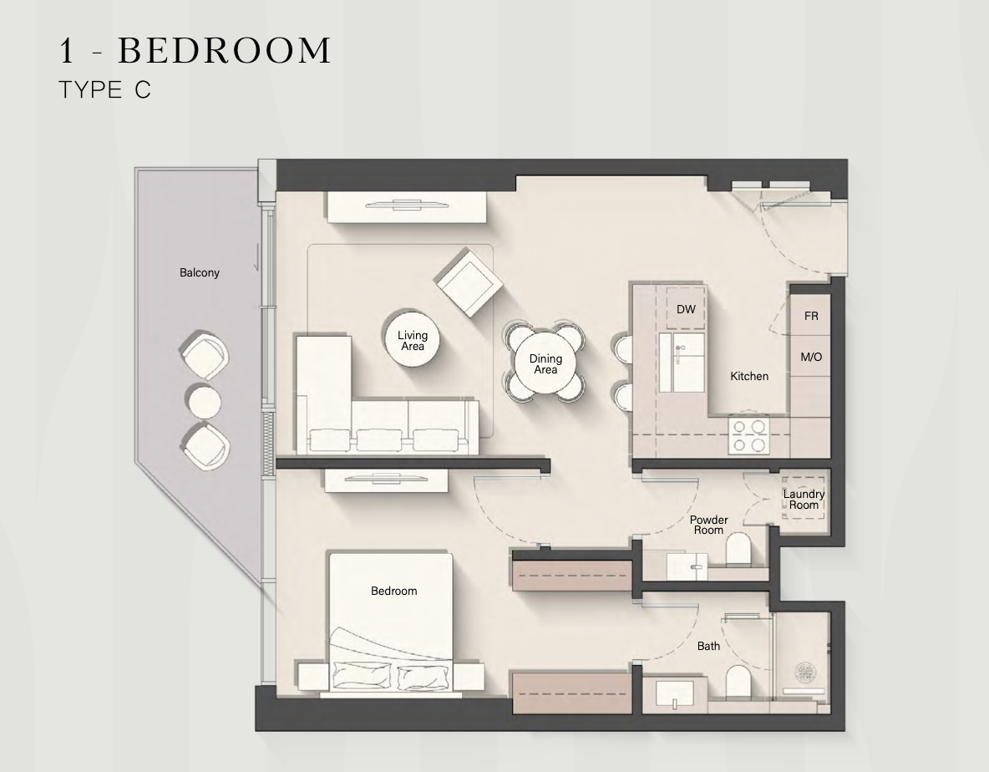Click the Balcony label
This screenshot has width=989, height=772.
pyautogui.click(x=200, y=273)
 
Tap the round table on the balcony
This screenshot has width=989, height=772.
pyautogui.click(x=202, y=401)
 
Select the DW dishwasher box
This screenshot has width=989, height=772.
pyautogui.click(x=686, y=309)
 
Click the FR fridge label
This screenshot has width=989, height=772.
pyautogui.click(x=811, y=316)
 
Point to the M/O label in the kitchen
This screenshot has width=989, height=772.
pyautogui.click(x=811, y=357)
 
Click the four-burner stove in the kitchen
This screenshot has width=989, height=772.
pyautogui.click(x=748, y=436)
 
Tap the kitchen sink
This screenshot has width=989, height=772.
pyautogui.click(x=682, y=363)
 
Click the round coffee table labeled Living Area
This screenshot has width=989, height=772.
pyautogui.click(x=413, y=341)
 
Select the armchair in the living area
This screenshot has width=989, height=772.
pyautogui.click(x=468, y=283)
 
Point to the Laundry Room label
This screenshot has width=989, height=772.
pyautogui.click(x=804, y=500)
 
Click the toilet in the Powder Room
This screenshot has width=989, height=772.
pyautogui.click(x=738, y=550)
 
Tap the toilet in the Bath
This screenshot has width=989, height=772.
pyautogui.click(x=738, y=681)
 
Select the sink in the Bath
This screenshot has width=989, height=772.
pyautogui.click(x=675, y=693)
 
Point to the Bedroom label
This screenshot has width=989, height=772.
pyautogui.click(x=393, y=591)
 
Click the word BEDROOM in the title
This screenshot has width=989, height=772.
pyautogui.click(x=225, y=50)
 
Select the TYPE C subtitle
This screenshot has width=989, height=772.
pyautogui.click(x=104, y=89)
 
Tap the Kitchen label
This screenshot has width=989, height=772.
pyautogui.click(x=749, y=377)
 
